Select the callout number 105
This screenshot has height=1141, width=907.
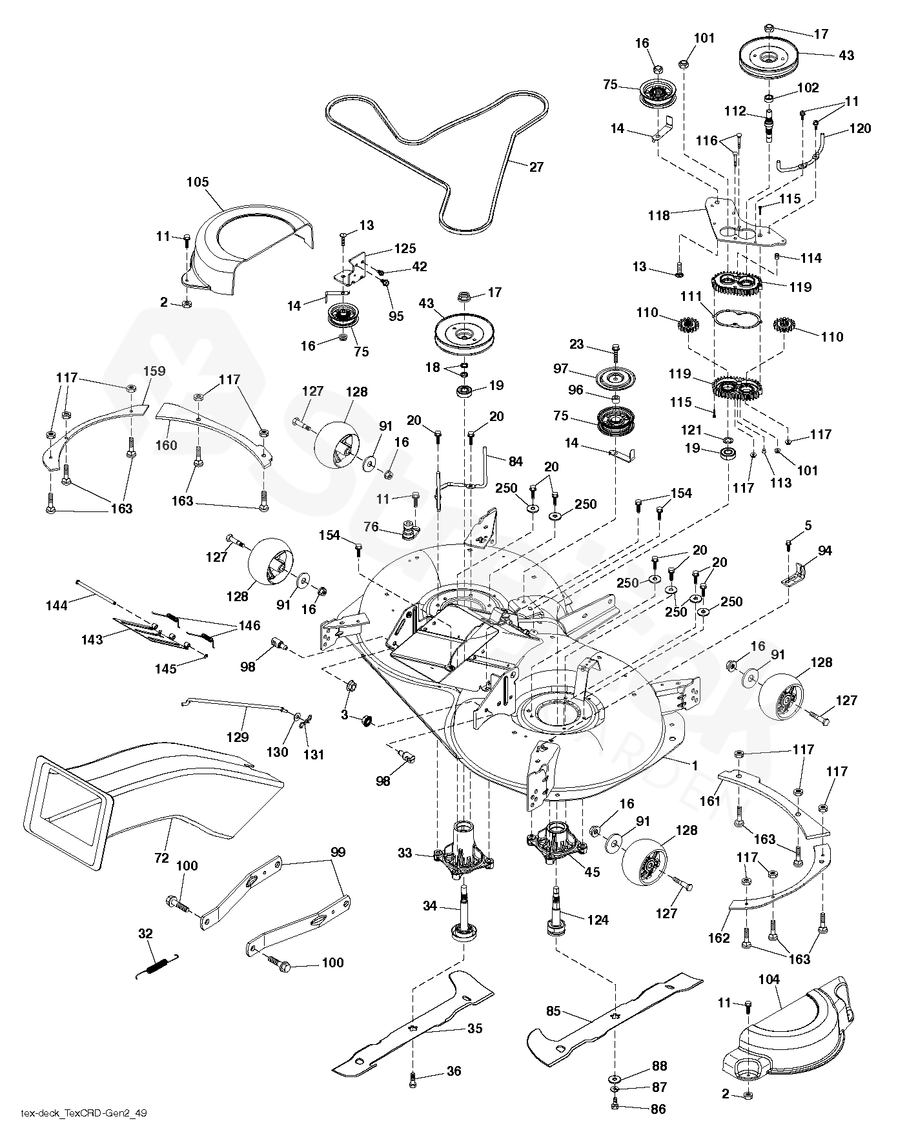tap(198, 182)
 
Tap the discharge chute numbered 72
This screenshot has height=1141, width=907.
tap(148, 788)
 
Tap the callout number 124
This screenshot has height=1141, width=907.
tap(598, 920)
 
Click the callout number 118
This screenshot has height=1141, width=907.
tap(659, 216)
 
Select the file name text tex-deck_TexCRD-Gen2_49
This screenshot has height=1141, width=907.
tap(78, 1112)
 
